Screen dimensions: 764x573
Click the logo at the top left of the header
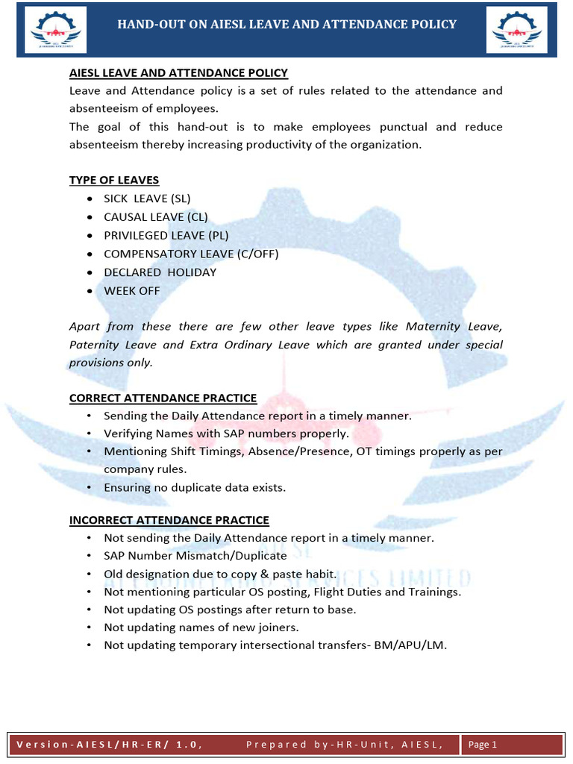pyautogui.click(x=55, y=30)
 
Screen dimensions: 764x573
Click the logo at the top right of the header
pyautogui.click(x=516, y=30)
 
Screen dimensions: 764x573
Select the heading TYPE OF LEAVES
pyautogui.click(x=114, y=180)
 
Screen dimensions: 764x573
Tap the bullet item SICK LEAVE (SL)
pyautogui.click(x=147, y=198)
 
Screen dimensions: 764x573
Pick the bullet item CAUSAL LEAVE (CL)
pyautogui.click(x=155, y=217)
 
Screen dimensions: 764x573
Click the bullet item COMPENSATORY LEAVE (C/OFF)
pyautogui.click(x=191, y=254)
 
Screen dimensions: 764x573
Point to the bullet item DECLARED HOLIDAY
pyautogui.click(x=160, y=272)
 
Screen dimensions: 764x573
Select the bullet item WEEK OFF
pyautogui.click(x=131, y=290)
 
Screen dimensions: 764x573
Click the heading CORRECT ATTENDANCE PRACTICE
pyautogui.click(x=163, y=398)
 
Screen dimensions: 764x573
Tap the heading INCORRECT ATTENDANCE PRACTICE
pyautogui.click(x=169, y=520)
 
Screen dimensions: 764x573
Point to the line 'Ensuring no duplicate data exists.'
pyautogui.click(x=195, y=487)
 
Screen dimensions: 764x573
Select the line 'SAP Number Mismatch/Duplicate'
pyautogui.click(x=195, y=556)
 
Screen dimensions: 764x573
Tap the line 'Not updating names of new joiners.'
pyautogui.click(x=201, y=627)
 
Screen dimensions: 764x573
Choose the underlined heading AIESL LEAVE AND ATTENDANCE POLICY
pyautogui.click(x=178, y=72)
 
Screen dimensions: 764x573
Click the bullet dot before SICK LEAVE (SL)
pyautogui.click(x=90, y=199)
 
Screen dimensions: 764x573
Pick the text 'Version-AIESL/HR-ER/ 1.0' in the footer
pyautogui.click(x=109, y=744)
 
